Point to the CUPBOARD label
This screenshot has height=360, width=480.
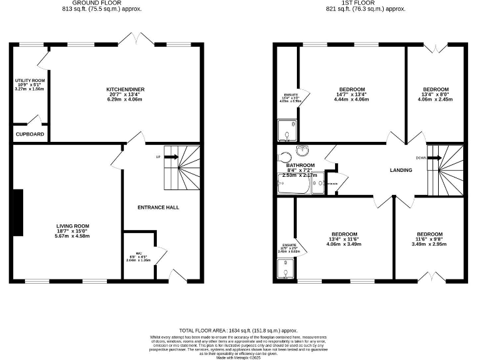(29, 134)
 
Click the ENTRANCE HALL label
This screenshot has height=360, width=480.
(158, 207)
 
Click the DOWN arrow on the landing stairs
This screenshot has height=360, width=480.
(427, 157)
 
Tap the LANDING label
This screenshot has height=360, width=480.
(401, 170)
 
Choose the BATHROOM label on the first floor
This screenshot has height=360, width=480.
(300, 165)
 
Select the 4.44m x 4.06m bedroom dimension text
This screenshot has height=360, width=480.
(352, 99)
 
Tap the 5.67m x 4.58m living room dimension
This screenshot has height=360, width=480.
(72, 236)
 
